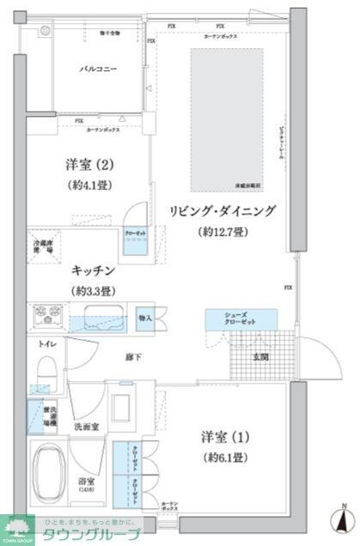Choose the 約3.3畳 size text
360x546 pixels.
click(95, 290)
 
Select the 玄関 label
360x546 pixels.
click(258, 357)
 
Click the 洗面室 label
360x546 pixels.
click(83, 425)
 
